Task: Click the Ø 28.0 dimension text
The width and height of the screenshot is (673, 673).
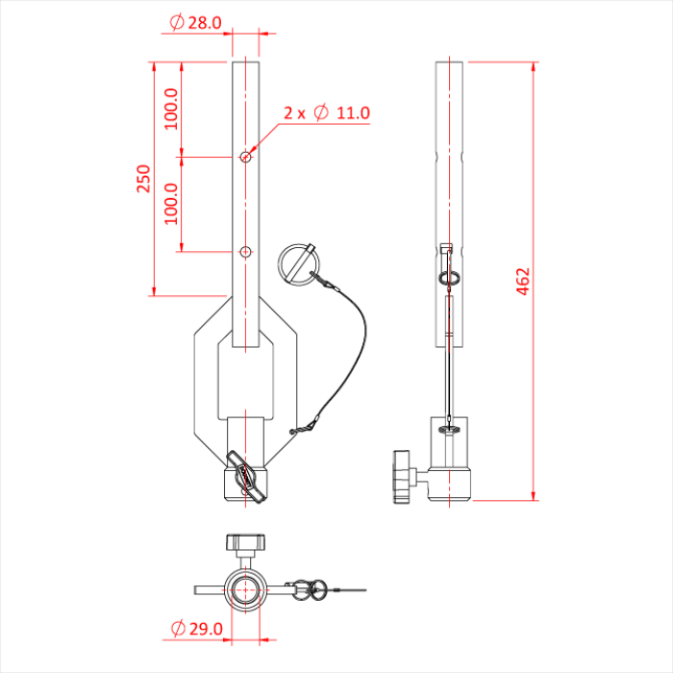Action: [195, 22]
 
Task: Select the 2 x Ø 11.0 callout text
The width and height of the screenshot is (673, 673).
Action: [327, 113]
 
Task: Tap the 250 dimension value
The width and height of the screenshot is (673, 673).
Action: [143, 178]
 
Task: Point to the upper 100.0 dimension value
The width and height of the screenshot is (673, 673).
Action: [171, 109]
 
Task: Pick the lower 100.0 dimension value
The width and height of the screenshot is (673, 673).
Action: [171, 203]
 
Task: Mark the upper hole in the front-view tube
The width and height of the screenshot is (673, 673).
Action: [246, 157]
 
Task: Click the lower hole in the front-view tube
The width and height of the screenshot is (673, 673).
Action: [246, 251]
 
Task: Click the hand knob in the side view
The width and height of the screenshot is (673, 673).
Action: [401, 476]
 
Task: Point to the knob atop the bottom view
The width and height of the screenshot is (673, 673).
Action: [245, 543]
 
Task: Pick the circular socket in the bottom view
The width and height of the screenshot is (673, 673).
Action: [245, 588]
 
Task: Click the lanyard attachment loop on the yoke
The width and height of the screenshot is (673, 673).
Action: [302, 429]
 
